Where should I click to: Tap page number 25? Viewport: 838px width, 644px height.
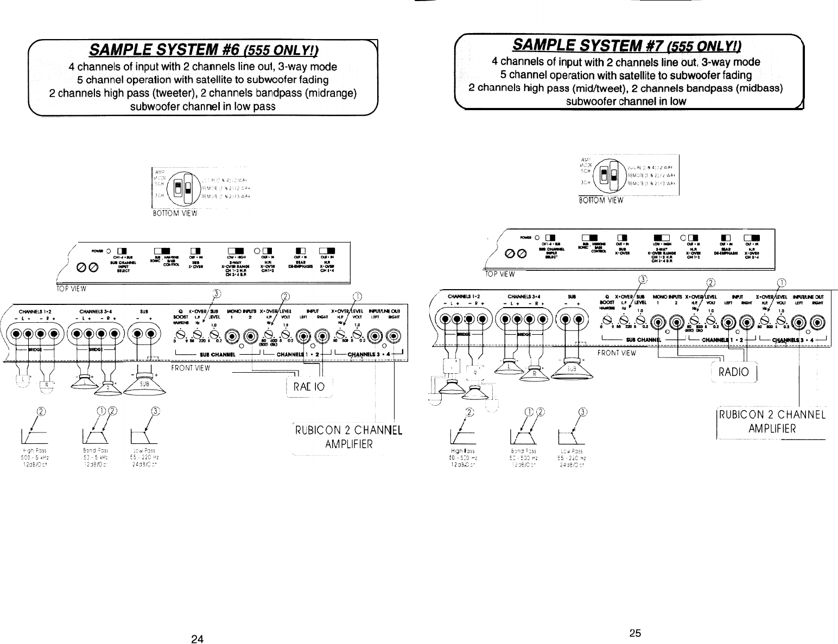[x=636, y=633]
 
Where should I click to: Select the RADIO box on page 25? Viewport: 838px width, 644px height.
[x=733, y=372]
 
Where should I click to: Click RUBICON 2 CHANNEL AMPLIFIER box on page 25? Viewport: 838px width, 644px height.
[x=771, y=423]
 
